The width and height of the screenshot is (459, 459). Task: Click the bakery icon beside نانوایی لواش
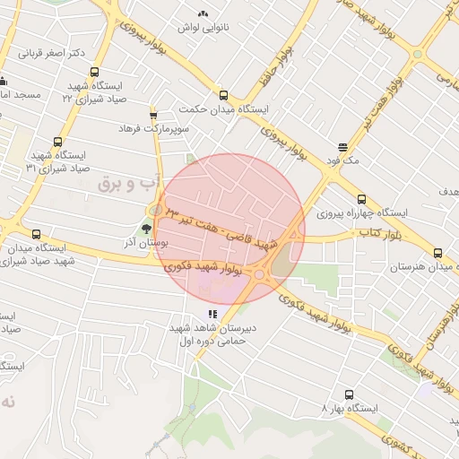pos(203,13)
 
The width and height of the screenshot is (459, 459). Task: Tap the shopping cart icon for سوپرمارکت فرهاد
pos(153,115)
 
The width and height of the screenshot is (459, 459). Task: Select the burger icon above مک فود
pos(343,148)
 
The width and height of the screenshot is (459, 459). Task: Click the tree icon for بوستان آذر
pos(147,229)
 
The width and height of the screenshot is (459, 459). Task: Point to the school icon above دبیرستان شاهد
pos(212,314)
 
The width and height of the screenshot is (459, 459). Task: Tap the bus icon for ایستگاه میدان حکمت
pos(223,95)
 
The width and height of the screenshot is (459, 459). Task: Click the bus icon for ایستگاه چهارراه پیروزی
pos(361,200)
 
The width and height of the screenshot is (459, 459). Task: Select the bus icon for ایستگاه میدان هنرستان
pos(437,253)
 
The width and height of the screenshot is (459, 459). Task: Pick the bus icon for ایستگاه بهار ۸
pos(348,394)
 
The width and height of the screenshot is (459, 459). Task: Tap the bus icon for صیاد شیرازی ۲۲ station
pos(95,74)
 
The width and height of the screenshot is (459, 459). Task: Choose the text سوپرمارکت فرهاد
pos(153,129)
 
